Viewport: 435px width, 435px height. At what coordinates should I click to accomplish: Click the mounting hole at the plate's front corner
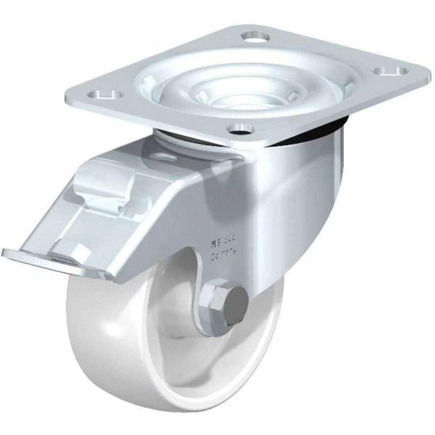point(240,127)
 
